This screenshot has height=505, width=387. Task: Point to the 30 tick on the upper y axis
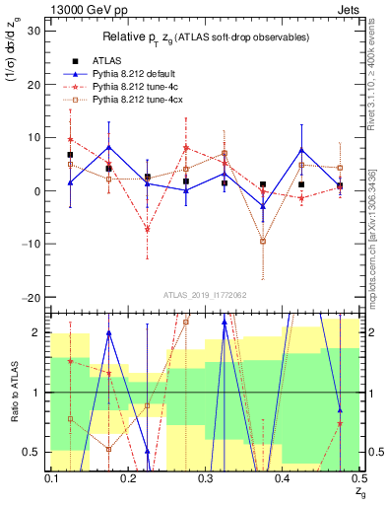33,31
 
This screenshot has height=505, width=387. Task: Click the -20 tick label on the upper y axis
31,298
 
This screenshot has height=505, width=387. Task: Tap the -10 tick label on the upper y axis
31,245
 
